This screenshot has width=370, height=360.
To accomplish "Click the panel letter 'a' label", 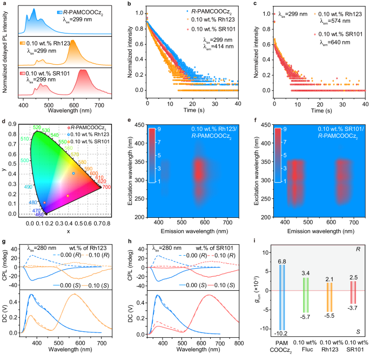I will pyautogui.click(x=3, y=3).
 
